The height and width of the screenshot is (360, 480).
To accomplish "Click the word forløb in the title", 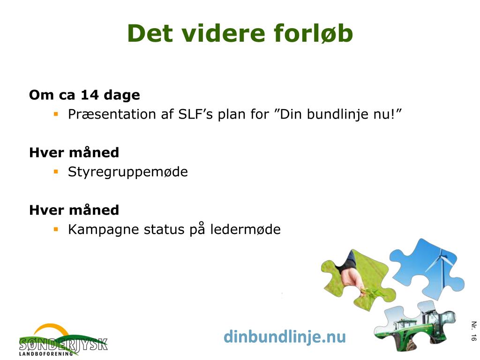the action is pos(313,33).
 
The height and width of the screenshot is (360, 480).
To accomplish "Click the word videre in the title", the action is pos(224,33).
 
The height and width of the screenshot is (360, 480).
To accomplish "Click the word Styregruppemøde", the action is pos(128,172).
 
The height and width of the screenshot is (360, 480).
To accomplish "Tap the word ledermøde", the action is pos(245,229).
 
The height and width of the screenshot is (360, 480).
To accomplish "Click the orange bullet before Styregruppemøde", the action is pos(56,172).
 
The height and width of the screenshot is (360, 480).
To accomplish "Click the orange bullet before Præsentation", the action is pos(56,114).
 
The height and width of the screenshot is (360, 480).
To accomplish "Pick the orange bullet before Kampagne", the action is pos(56,229).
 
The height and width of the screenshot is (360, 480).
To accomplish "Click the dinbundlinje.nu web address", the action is pos(285,337).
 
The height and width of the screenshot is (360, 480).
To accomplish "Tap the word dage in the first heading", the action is pos(122,96).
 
